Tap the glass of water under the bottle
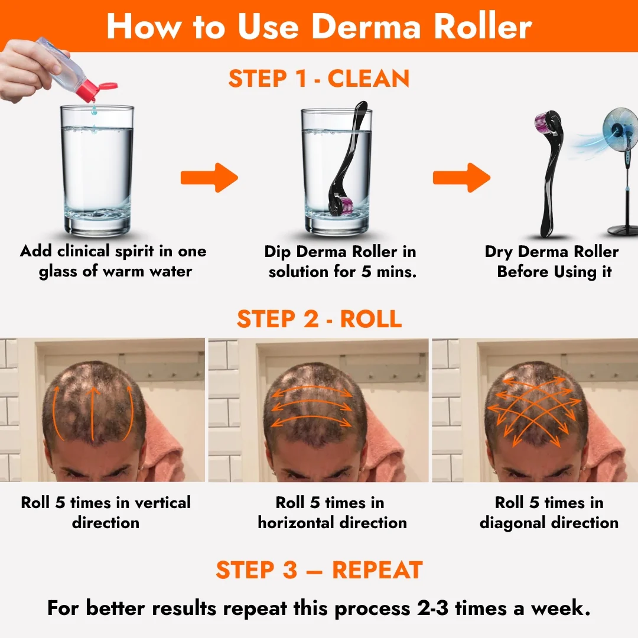coord(97,171)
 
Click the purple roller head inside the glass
coord(344,207)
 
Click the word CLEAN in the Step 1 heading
coord(369,79)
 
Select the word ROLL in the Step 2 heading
coord(371,319)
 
